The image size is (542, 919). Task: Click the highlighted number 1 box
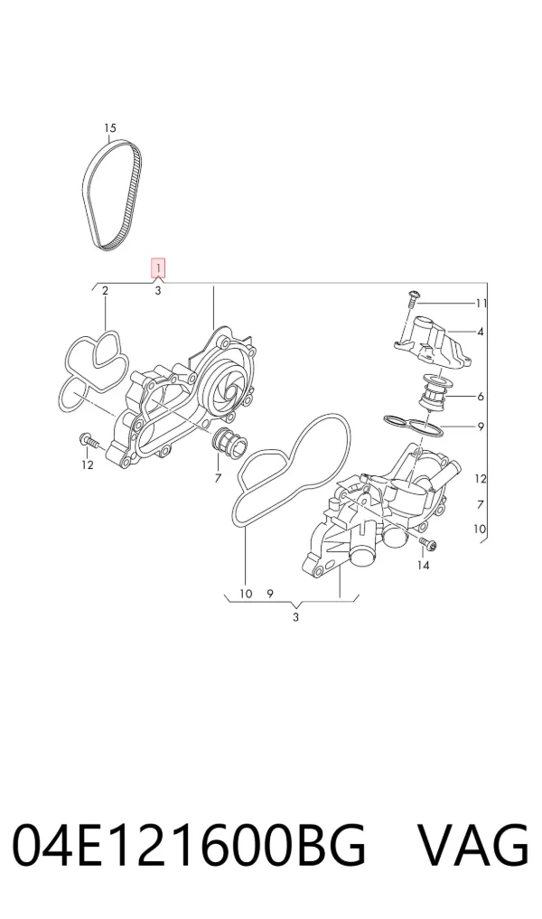(158, 267)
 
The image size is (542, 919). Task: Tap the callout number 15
(110, 127)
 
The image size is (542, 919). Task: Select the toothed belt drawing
(112, 195)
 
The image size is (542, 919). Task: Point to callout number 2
(105, 291)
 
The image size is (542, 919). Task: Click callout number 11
(481, 303)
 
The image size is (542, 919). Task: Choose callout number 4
(481, 332)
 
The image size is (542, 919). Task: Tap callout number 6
(481, 397)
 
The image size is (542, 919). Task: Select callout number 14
(423, 565)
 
